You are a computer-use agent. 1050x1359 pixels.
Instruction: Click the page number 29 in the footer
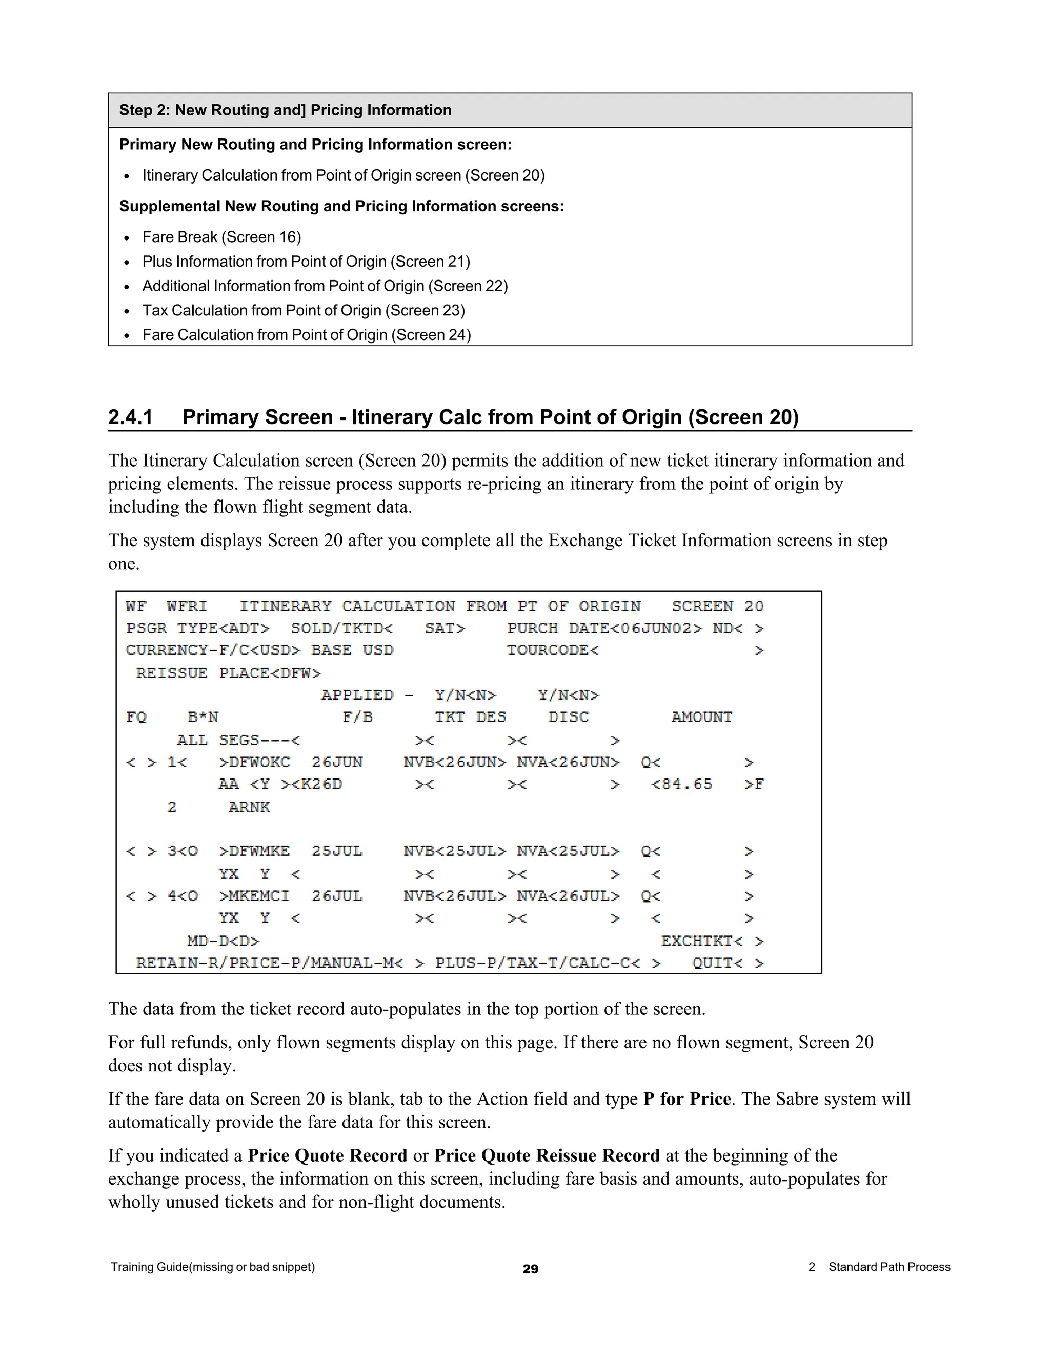pyautogui.click(x=530, y=1269)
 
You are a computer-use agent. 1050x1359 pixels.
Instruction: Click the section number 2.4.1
pyautogui.click(x=130, y=417)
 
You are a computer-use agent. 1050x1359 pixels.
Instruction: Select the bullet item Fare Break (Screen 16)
pyautogui.click(x=221, y=237)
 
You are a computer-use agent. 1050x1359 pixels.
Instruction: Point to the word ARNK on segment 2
pyautogui.click(x=249, y=807)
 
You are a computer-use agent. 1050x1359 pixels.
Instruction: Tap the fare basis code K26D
pyautogui.click(x=321, y=784)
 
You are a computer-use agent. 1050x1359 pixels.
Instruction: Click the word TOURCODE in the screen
pyautogui.click(x=548, y=650)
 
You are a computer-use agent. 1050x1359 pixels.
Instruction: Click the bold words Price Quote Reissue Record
pyautogui.click(x=547, y=1155)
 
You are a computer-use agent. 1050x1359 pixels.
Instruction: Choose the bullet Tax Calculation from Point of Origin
pyautogui.click(x=304, y=310)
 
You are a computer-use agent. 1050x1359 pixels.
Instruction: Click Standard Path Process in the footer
pyautogui.click(x=889, y=1267)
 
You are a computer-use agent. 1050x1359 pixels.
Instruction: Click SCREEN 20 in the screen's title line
pyautogui.click(x=717, y=606)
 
